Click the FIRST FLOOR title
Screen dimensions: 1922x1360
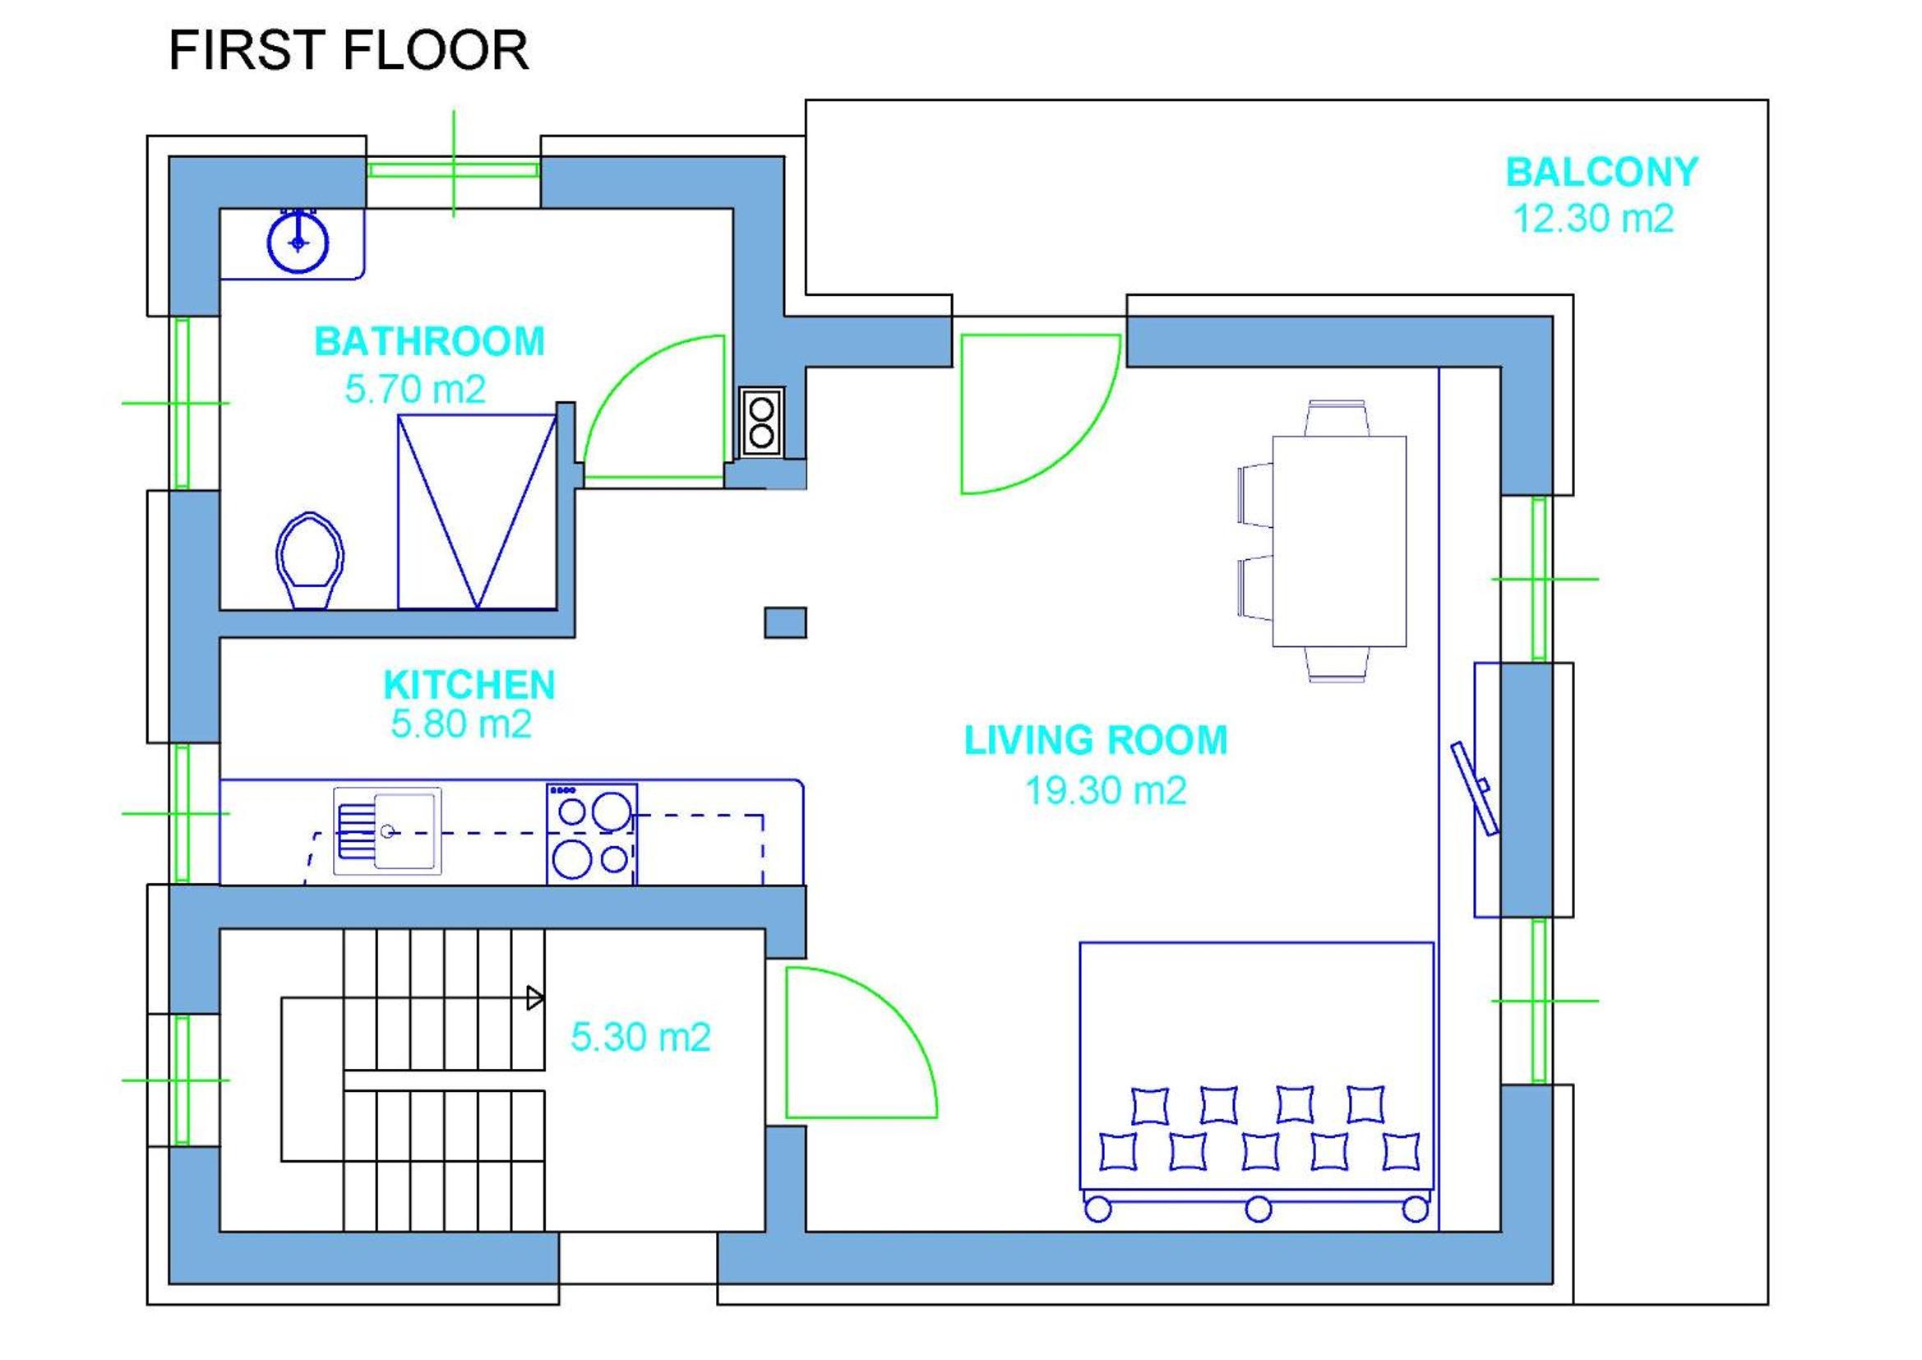349,50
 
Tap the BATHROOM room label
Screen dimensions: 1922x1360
429,342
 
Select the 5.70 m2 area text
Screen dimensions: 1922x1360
415,390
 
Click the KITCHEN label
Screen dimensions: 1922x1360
469,685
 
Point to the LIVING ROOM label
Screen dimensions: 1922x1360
1096,740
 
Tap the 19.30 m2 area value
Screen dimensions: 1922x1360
1106,790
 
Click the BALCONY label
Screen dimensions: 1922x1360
1602,173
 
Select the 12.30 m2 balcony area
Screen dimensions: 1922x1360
1594,219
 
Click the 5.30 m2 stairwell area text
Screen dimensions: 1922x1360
640,1038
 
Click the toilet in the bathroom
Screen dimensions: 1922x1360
310,561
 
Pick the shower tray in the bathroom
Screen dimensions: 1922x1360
477,511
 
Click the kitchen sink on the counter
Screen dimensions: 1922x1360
386,830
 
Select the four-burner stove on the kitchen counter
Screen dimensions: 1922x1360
592,834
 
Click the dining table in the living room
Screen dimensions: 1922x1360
1339,541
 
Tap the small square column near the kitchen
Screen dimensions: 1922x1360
785,623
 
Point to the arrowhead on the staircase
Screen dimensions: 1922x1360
535,998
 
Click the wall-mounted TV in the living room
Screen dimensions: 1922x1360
1475,788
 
